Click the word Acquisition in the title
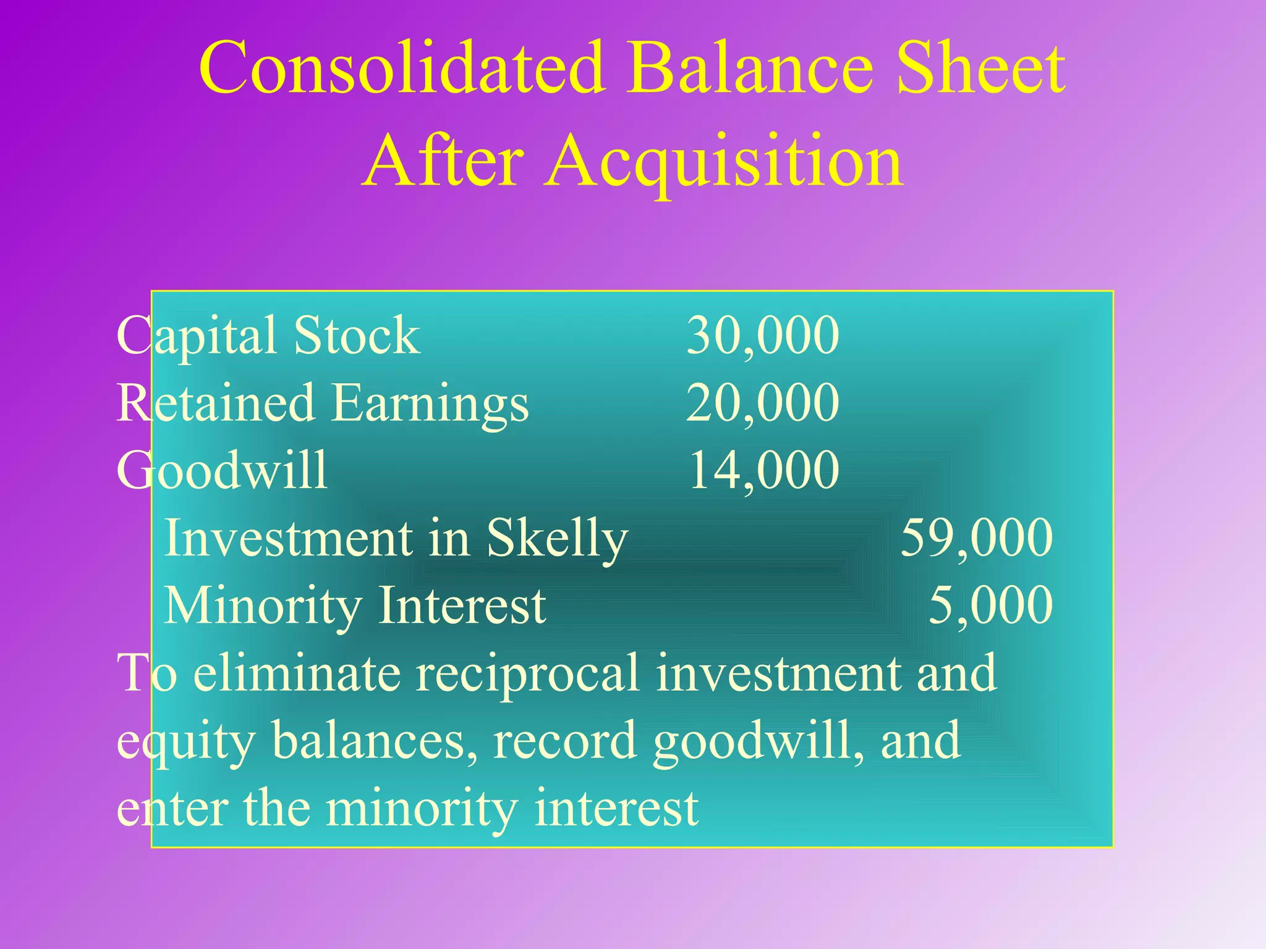pyautogui.click(x=724, y=162)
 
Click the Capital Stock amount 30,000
pyautogui.click(x=763, y=335)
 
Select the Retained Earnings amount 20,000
pyautogui.click(x=763, y=403)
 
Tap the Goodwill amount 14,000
pyautogui.click(x=764, y=470)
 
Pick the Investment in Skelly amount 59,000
pyautogui.click(x=977, y=538)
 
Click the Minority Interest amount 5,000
pyautogui.click(x=990, y=605)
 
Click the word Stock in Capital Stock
pyautogui.click(x=357, y=335)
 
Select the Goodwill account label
pyautogui.click(x=222, y=470)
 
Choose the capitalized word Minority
pyautogui.click(x=262, y=606)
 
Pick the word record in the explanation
pyautogui.click(x=565, y=740)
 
